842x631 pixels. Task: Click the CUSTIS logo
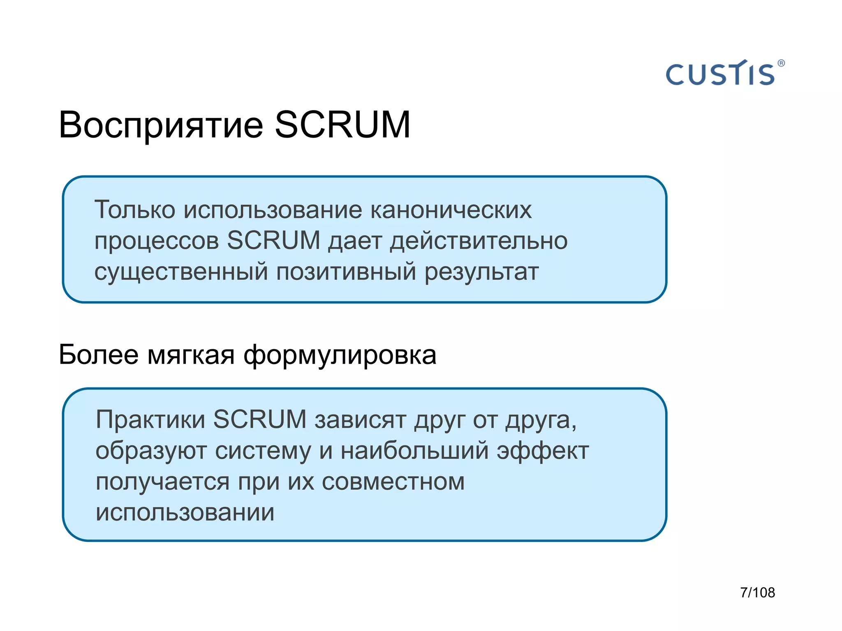(720, 74)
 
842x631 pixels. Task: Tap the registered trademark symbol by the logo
(781, 63)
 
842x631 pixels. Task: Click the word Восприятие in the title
(161, 125)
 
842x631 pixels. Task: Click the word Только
(135, 210)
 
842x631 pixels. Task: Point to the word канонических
(451, 210)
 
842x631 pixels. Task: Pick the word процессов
(156, 242)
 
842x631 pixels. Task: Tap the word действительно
(479, 241)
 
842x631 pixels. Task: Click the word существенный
(181, 272)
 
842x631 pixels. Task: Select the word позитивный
(346, 272)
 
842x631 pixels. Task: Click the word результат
(481, 272)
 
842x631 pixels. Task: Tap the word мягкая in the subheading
(191, 355)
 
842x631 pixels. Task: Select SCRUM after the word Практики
(260, 419)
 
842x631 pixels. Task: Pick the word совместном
(393, 482)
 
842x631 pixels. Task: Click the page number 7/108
(757, 592)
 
